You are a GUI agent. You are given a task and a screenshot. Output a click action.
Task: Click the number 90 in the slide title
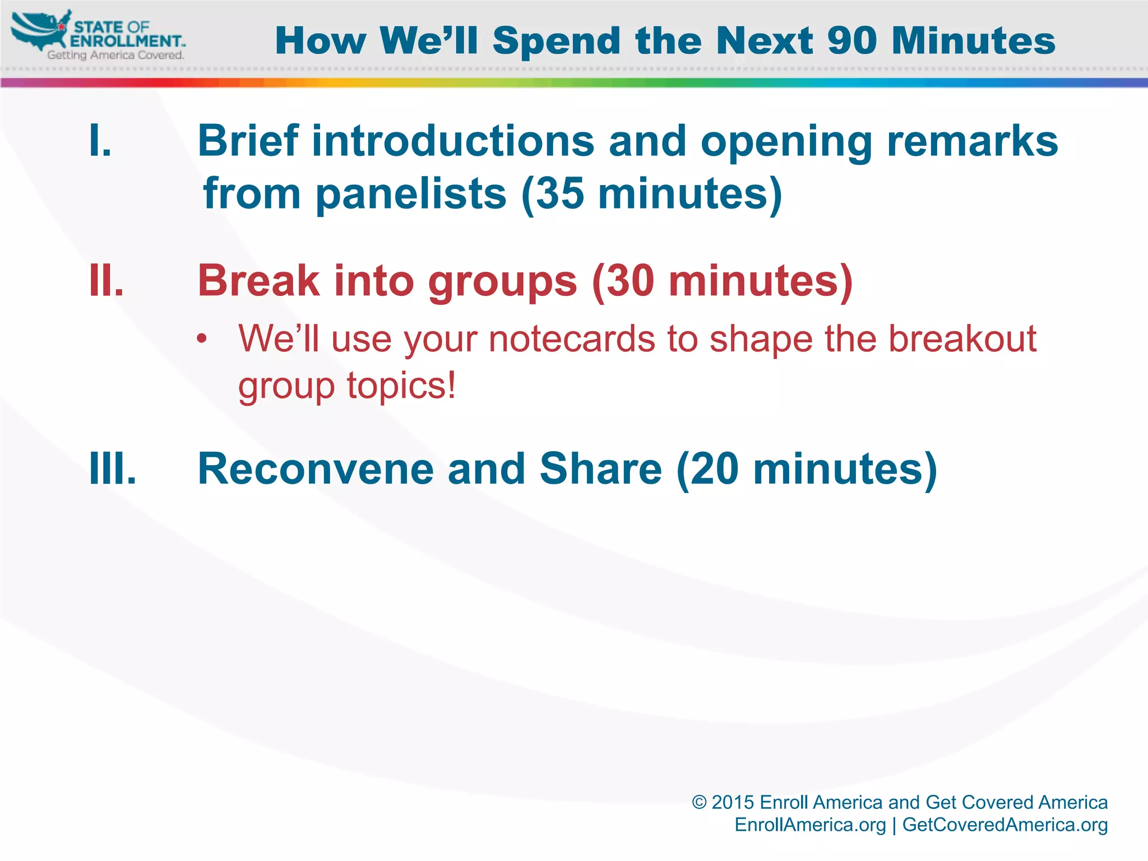(x=854, y=41)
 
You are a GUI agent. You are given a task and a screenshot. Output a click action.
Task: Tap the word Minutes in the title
(x=974, y=41)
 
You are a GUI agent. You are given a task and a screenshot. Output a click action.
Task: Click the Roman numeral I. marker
(x=100, y=141)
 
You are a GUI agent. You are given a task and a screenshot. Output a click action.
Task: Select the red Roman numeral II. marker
(x=107, y=280)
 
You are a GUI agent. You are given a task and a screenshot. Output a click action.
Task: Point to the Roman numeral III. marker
(x=113, y=469)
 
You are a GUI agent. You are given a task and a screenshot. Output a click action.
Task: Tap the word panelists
(x=411, y=194)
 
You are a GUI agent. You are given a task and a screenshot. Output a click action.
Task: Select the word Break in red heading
(x=258, y=280)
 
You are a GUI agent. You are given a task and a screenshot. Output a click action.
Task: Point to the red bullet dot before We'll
(x=202, y=339)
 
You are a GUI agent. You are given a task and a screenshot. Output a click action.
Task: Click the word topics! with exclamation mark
(x=401, y=386)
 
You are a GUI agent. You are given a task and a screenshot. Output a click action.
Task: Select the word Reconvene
(x=316, y=469)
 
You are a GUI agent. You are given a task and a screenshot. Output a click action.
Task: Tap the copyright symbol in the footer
(x=699, y=802)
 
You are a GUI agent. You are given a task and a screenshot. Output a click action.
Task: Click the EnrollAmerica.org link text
(x=810, y=825)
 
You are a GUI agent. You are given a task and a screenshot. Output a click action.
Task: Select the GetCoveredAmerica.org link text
(x=1004, y=825)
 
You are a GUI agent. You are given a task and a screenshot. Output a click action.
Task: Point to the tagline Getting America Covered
(x=115, y=55)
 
